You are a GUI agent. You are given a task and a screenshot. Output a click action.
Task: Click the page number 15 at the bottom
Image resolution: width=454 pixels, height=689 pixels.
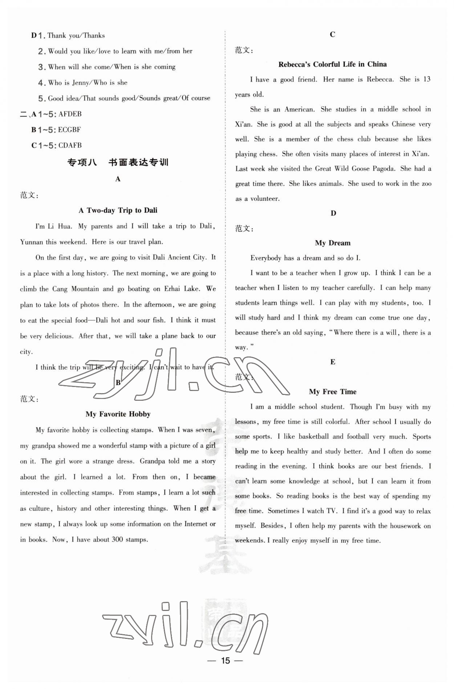click(225, 660)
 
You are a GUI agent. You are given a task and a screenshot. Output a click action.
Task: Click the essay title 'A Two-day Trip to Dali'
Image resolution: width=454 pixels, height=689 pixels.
click(118, 210)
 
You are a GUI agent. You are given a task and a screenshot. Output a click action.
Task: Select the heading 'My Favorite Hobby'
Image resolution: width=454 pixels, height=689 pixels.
click(118, 414)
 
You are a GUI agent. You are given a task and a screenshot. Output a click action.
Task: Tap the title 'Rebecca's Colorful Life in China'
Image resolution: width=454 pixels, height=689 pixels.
click(332, 64)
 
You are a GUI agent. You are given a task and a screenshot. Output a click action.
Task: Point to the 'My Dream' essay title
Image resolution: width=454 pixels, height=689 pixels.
click(333, 243)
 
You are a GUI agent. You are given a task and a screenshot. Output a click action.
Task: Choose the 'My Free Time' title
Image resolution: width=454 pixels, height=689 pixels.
click(333, 392)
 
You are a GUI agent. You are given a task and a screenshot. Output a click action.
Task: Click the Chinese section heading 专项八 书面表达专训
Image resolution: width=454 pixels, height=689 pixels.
click(118, 162)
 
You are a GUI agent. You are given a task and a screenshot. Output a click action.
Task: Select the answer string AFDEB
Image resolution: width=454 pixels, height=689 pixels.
click(70, 114)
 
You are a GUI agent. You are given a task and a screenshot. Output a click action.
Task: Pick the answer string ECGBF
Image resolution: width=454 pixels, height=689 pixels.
click(69, 130)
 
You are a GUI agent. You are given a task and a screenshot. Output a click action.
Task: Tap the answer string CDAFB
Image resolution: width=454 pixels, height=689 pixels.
click(70, 145)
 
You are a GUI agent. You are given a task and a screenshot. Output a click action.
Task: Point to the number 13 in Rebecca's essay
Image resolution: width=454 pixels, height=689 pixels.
click(427, 79)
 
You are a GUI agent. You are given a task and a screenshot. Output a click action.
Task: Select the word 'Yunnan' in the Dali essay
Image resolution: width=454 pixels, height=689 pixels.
click(32, 242)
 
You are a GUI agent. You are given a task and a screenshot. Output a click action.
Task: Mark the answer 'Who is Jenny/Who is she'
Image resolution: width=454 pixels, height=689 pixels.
click(88, 83)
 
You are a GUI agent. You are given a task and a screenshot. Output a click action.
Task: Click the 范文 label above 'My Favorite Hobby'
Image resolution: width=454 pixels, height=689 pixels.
click(29, 399)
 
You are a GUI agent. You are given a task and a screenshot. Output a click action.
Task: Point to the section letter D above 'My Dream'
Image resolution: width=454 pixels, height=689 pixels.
click(333, 213)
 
